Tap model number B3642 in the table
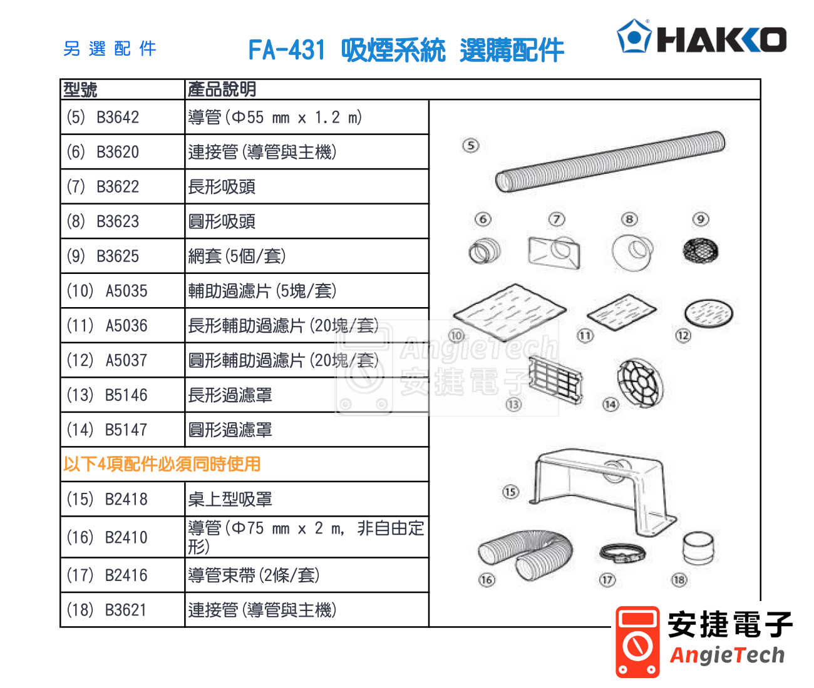tap(118, 118)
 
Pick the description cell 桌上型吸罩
tap(230, 499)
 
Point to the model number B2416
tap(126, 575)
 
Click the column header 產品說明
tap(222, 89)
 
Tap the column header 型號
tap(80, 89)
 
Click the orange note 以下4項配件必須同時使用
tap(162, 464)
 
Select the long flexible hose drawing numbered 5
tap(610, 161)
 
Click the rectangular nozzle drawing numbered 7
tap(554, 253)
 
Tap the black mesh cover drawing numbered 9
tap(701, 251)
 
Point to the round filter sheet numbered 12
tap(709, 313)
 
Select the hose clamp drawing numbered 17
tap(622, 554)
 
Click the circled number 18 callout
tap(679, 580)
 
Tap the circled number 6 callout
tap(483, 220)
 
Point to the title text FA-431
tap(287, 50)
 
